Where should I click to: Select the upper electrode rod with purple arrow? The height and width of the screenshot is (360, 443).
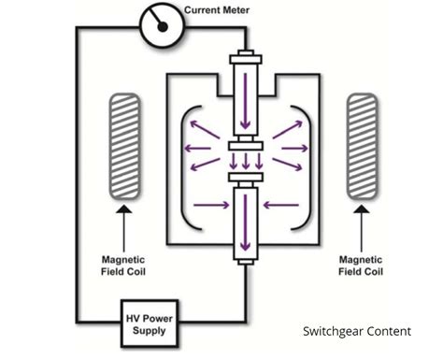click(245, 94)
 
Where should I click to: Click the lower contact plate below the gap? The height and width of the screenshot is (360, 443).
click(245, 175)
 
